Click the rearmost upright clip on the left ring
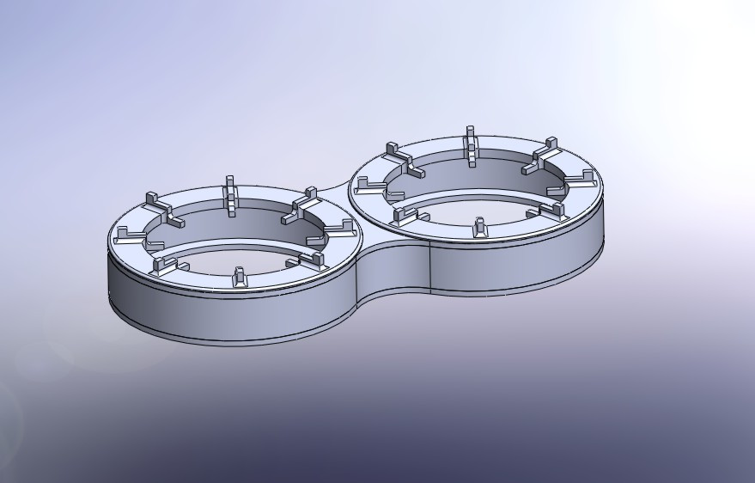click(230, 193)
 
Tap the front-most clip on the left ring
click(240, 277)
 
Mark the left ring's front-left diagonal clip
click(162, 262)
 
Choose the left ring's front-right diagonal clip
click(313, 257)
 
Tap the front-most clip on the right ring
click(479, 228)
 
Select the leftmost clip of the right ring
click(371, 184)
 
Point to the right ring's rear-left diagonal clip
click(395, 154)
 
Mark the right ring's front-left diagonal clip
click(403, 212)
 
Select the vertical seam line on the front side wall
click(429, 270)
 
